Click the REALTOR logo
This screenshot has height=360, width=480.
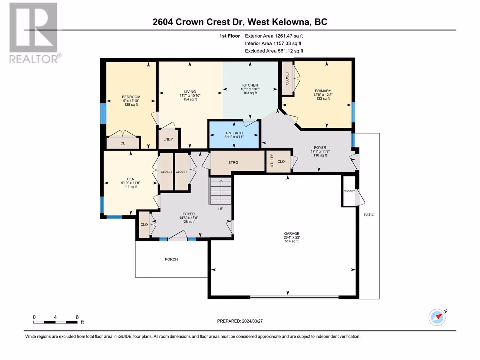pos(34,33)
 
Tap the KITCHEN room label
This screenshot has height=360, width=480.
pos(250,85)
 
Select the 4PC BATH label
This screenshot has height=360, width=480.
pos(234,133)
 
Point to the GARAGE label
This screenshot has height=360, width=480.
pos(292,233)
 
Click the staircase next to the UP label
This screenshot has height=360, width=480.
pos(220,191)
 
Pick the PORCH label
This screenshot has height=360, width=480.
pos(171,259)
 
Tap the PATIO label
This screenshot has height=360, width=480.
pos(369,215)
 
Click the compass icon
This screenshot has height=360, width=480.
pos(437,317)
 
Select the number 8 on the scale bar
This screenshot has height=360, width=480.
pos(77,317)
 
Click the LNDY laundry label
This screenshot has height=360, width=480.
pos(168,139)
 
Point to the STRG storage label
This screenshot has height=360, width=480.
pos(233,162)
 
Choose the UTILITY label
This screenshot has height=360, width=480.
pos(272,161)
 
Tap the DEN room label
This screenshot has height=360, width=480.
pos(130,179)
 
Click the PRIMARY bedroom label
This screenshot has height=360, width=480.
pos(323,91)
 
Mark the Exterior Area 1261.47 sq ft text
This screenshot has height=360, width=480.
pos(274,36)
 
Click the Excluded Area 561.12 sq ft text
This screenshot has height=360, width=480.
pos(274,51)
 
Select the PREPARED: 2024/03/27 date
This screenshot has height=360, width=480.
pos(240,321)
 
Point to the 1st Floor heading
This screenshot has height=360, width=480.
pos(229,36)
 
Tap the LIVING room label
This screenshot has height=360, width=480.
pos(190,91)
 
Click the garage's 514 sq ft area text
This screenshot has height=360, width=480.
pos(292,241)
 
